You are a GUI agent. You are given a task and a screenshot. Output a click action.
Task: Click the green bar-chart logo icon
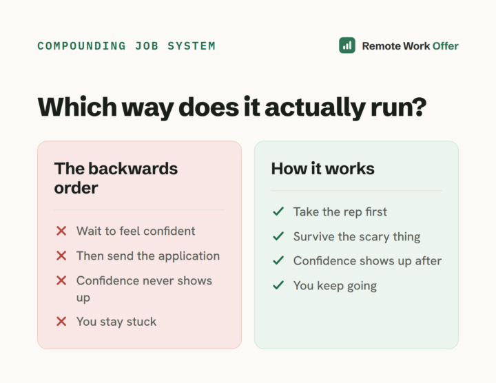coord(347,45)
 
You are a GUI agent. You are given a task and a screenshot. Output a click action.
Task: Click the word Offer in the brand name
coord(446,46)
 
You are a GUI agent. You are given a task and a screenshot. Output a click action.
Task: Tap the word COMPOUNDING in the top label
coord(81,46)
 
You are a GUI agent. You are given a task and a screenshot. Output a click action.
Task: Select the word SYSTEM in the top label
coord(192,46)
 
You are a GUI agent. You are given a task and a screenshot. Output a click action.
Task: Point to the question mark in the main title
coord(420,106)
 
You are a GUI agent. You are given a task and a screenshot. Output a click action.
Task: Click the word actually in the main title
coord(315,107)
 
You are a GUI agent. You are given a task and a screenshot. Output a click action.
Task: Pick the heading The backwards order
coord(116,178)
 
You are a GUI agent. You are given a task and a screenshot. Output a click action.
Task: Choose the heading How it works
coord(322,168)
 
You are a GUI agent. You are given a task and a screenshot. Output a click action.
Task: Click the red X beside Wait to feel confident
coord(61,231)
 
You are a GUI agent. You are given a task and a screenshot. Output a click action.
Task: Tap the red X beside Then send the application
coord(61,256)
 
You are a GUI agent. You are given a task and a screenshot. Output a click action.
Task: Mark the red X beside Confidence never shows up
coord(61,280)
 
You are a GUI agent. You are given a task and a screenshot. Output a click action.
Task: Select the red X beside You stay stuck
coord(61,321)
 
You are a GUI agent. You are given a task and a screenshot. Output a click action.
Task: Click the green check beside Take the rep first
coord(278,211)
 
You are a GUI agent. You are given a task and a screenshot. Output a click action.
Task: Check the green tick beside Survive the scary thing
coord(278,236)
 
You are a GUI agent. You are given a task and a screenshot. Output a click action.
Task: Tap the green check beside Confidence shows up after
coord(278,260)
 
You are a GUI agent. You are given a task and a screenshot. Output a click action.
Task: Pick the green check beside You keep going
coord(278,285)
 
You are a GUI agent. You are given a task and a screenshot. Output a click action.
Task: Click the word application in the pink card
coord(189,256)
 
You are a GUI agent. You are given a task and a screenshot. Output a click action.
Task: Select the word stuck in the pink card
coord(141,321)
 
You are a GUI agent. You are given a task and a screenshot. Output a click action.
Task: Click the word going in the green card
coord(362,287)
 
